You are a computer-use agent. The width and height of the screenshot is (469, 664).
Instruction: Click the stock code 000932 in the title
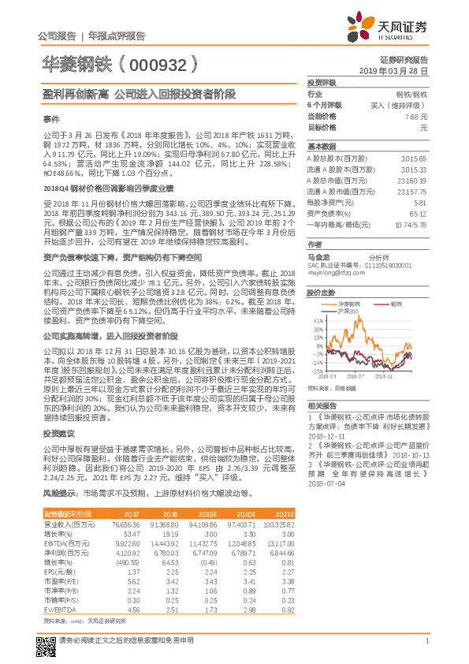click(162, 63)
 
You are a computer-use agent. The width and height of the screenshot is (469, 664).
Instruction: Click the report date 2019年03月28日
click(399, 70)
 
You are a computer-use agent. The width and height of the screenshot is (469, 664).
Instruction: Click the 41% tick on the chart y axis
click(318, 322)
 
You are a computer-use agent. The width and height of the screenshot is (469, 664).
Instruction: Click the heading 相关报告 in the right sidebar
click(321, 403)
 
